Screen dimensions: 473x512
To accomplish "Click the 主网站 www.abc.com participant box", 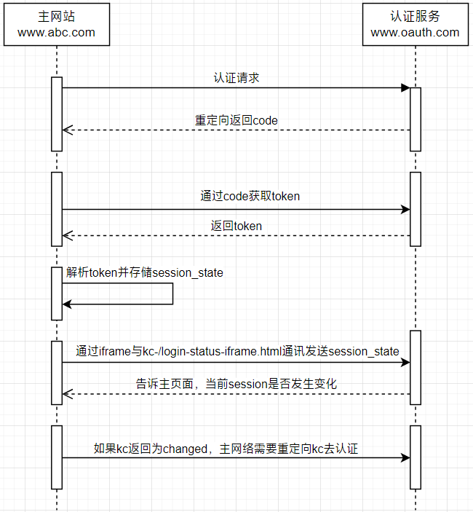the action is [x=57, y=25].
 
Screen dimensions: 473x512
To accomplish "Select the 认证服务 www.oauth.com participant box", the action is [x=416, y=25].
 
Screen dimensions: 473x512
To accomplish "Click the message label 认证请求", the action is [x=236, y=78].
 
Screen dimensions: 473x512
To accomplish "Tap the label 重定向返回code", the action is [x=236, y=120].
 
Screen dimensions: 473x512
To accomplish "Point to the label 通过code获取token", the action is [x=250, y=196].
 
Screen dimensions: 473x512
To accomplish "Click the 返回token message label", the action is [x=236, y=226].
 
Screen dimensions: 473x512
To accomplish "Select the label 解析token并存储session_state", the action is [x=145, y=272].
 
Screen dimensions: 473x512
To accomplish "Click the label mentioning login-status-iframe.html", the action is [x=237, y=351].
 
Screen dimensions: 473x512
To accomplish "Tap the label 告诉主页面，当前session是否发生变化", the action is [x=236, y=384].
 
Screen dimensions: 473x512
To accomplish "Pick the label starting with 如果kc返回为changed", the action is [x=226, y=449].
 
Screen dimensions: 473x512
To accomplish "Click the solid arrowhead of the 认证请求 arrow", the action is [x=405, y=87].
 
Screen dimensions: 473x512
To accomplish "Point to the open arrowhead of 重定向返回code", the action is [x=68, y=130].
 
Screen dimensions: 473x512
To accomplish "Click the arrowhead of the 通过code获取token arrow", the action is [x=405, y=209].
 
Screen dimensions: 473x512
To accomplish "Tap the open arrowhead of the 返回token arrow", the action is [x=68, y=235].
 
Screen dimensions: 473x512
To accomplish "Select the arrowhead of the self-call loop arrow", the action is [x=67, y=304].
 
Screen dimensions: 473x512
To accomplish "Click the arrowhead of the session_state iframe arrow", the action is [x=405, y=362].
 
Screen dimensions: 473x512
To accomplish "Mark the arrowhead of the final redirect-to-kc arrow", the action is [x=405, y=458].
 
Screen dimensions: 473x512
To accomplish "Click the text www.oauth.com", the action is [x=415, y=32].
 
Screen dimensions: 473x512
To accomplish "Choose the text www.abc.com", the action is [x=56, y=32].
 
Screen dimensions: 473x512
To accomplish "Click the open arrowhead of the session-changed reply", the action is [x=68, y=394].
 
